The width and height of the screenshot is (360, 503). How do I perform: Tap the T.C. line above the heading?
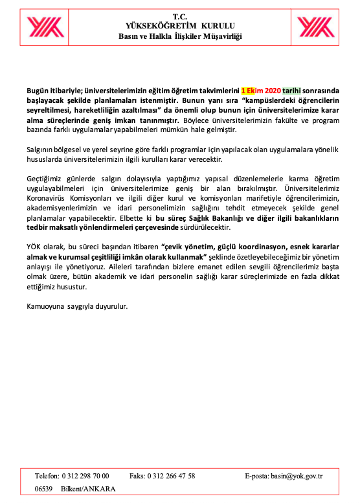[179, 15]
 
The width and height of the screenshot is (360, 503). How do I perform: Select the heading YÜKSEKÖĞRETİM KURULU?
[179, 25]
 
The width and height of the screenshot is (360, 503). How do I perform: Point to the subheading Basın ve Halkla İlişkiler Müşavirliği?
[179, 36]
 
